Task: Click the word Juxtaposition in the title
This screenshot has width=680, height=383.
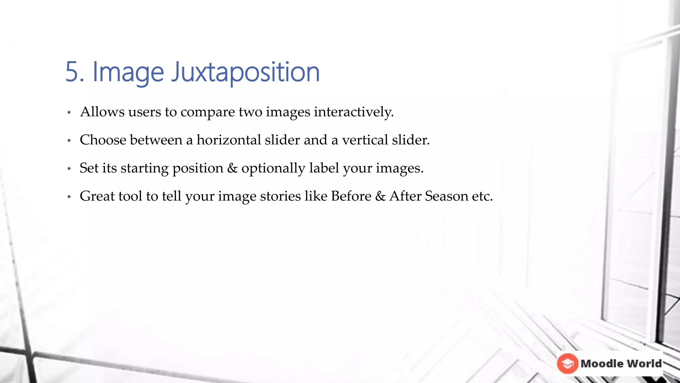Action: pos(245,72)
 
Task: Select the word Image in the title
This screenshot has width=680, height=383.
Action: pos(128,72)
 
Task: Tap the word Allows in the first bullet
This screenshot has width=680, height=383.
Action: pos(102,112)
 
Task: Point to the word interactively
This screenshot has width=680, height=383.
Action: pos(354,112)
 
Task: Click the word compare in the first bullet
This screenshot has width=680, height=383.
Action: pos(208,112)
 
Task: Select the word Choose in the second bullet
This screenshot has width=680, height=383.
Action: pos(103,140)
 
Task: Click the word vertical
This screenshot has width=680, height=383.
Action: pos(365,140)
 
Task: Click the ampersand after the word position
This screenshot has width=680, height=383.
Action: pos(232,168)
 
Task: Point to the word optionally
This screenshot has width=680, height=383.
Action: pos(273,168)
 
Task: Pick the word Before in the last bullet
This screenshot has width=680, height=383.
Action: pos(351,196)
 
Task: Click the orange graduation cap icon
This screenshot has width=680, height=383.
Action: pos(567,363)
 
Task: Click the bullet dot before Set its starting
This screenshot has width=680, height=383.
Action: pos(69,169)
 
